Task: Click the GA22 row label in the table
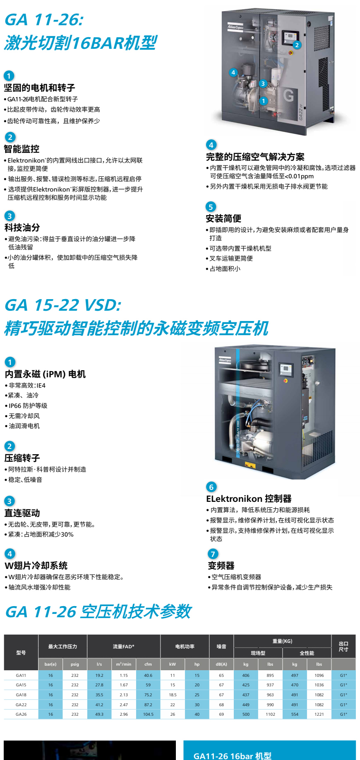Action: coord(21,705)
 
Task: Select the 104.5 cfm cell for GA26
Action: coord(148,714)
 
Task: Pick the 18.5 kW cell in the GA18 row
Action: coord(173,695)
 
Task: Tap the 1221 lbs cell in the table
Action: coord(319,714)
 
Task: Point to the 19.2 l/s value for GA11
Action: coord(99,675)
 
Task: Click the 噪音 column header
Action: coord(221,646)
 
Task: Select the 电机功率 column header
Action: coord(185,646)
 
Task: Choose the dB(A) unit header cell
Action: coord(221,664)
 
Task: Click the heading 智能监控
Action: coord(22,149)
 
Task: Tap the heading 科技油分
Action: coord(22,228)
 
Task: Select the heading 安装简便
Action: coord(223,218)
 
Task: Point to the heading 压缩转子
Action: coord(22,458)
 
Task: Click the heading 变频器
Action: coord(221,566)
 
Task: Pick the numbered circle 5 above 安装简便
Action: coord(211,206)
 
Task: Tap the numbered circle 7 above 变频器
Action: coord(213,554)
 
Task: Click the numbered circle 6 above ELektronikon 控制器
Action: coord(211,487)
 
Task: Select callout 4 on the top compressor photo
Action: coord(233,72)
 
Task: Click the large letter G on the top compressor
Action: coord(289,96)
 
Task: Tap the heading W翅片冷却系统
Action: coord(36,566)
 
